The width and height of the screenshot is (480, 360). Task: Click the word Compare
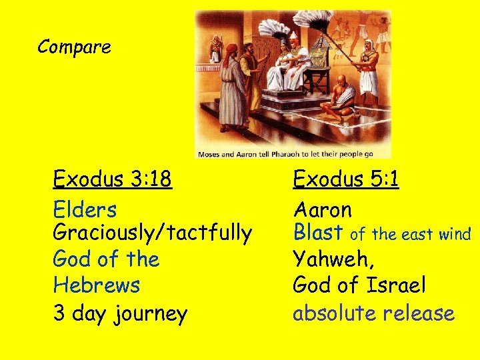pos(74,47)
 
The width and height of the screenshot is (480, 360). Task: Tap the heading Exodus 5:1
pos(346,179)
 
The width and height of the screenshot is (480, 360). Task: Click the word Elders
pos(85,210)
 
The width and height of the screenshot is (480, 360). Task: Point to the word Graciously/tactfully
pos(152,233)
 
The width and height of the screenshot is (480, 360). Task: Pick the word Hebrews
pos(97,285)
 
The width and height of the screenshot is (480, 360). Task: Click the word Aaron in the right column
pos(323,210)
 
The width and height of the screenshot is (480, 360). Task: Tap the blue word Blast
pos(319,233)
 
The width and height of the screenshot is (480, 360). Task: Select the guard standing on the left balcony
pos(215,49)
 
